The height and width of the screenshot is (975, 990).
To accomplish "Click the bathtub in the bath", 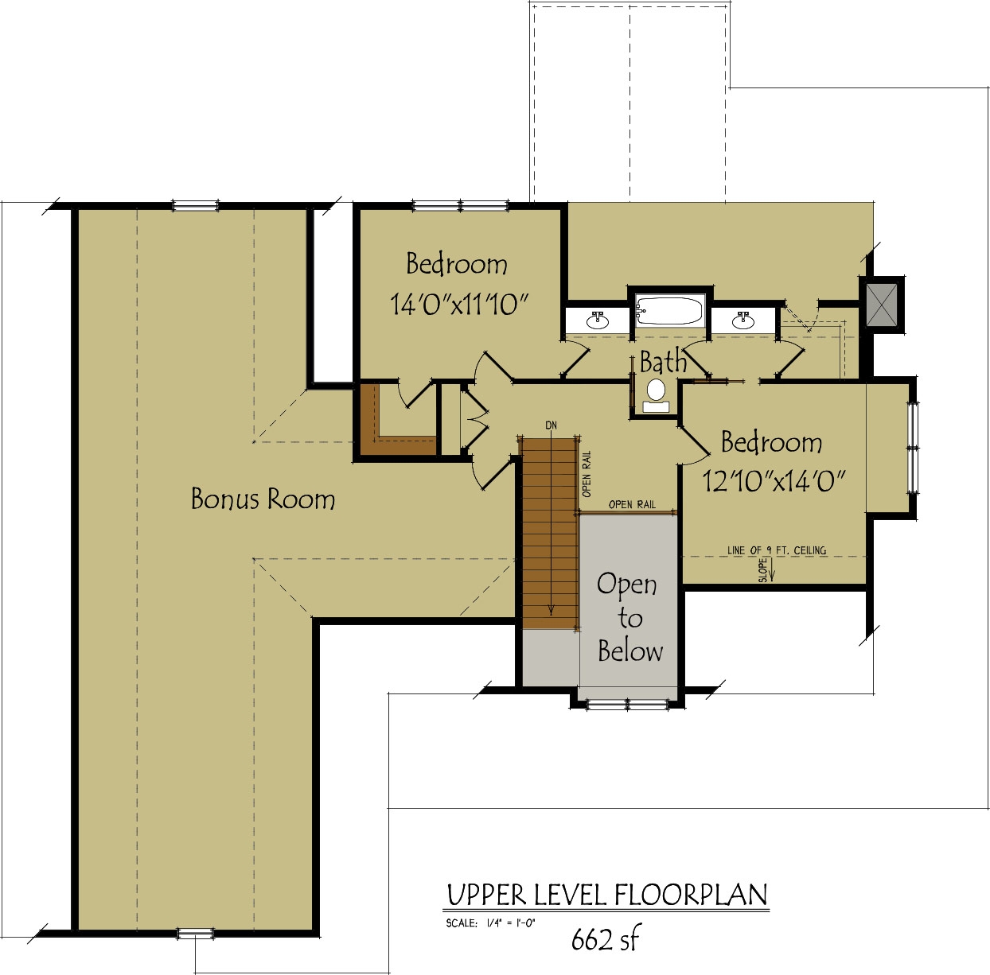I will (x=669, y=310).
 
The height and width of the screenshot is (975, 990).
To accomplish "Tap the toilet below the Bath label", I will (x=656, y=391).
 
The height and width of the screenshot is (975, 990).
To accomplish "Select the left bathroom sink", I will (x=597, y=320).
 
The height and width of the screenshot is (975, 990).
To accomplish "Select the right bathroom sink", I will (x=742, y=320).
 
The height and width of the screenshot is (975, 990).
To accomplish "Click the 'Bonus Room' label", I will (x=263, y=499).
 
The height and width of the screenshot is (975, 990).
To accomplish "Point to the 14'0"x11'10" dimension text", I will (x=459, y=304).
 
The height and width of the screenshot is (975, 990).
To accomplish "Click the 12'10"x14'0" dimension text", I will (x=773, y=480).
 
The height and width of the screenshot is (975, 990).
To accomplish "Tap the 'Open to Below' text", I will (x=629, y=617).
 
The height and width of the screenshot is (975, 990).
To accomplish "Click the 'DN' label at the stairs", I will (x=551, y=425).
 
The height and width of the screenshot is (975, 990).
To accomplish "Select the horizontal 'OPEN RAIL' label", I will (x=632, y=504).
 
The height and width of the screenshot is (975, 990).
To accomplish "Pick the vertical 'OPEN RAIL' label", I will (x=587, y=474).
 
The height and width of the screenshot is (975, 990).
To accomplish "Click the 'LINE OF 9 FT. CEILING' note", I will (x=776, y=550).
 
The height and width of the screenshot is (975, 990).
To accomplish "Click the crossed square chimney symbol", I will (x=881, y=304).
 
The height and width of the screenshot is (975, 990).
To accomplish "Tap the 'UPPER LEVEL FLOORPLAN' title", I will (x=607, y=895).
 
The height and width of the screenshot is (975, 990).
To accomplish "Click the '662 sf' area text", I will (x=605, y=939).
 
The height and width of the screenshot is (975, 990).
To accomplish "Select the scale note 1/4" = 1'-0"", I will (x=491, y=923).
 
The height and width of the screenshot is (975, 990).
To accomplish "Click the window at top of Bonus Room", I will (x=195, y=206).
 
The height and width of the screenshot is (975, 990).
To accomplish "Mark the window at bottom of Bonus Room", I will (x=195, y=933).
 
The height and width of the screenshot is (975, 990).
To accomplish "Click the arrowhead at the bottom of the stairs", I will (x=551, y=611).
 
